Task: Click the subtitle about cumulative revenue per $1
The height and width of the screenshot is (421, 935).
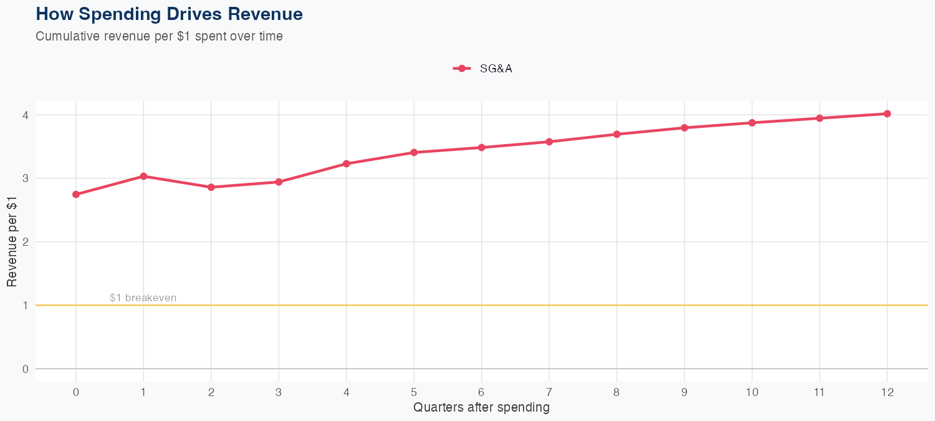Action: (159, 36)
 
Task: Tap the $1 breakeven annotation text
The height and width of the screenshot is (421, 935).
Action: (143, 298)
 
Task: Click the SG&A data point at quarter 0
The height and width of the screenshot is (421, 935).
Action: (76, 195)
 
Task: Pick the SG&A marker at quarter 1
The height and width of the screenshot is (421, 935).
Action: (143, 177)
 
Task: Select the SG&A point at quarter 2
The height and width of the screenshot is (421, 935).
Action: (211, 187)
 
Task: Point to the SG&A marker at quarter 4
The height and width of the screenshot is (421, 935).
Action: (347, 164)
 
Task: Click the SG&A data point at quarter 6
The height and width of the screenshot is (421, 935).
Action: (481, 148)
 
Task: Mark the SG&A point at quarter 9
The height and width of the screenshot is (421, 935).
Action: (684, 128)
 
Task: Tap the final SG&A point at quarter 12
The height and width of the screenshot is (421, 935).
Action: (887, 114)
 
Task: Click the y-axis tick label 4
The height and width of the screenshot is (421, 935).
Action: (26, 115)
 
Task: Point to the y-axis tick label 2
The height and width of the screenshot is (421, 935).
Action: (26, 242)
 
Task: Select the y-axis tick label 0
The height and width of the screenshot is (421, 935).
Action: (26, 369)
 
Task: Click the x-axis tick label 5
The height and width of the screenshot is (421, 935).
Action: (414, 392)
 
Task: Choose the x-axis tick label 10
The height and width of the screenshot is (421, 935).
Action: (752, 392)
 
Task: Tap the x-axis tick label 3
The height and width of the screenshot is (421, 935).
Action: (279, 392)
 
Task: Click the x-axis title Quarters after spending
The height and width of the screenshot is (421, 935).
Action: (481, 408)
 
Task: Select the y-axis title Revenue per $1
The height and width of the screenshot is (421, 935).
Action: (12, 242)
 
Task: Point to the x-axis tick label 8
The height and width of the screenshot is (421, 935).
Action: (616, 392)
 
